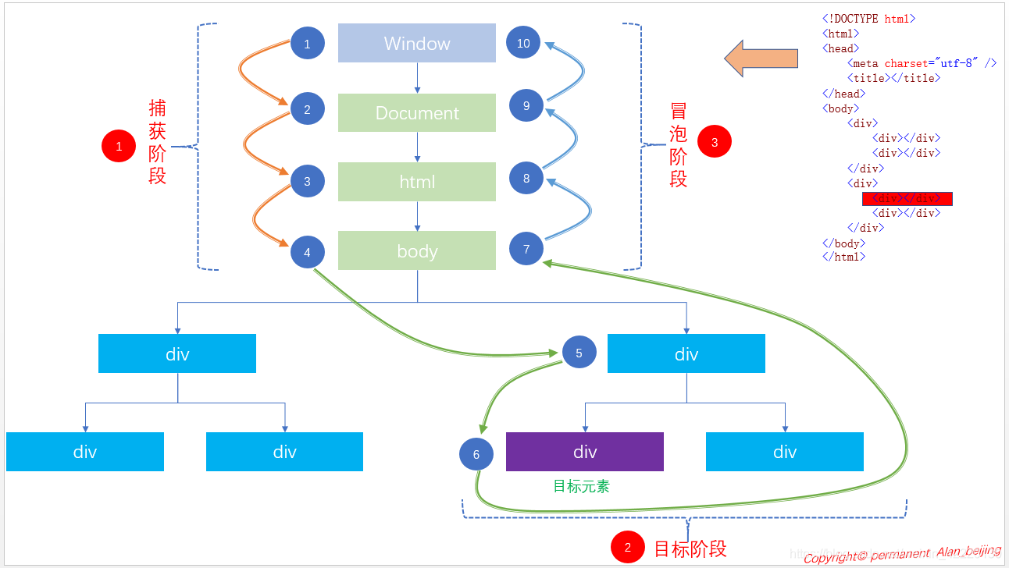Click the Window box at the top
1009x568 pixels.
[x=416, y=43]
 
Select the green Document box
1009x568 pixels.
[x=416, y=112]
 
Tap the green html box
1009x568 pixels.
[x=416, y=181]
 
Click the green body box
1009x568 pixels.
[x=416, y=250]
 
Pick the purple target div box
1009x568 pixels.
[x=584, y=452]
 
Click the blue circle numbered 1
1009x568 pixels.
[x=307, y=44]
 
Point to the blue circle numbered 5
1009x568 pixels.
[x=579, y=353]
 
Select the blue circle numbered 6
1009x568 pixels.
[x=476, y=454]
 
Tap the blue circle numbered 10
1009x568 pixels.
[x=523, y=43]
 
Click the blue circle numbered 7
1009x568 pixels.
[x=526, y=249]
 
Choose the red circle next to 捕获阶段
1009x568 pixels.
[x=119, y=146]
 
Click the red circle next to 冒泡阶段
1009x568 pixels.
[x=714, y=142]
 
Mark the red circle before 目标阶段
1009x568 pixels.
[x=627, y=548]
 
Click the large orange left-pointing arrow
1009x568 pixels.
[x=761, y=59]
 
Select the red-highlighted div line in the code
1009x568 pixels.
[x=907, y=198]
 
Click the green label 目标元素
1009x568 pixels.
[x=581, y=486]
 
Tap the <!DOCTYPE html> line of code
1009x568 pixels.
[x=868, y=19]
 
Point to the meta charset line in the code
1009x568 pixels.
[x=922, y=63]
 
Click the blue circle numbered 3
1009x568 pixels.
[x=307, y=181]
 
